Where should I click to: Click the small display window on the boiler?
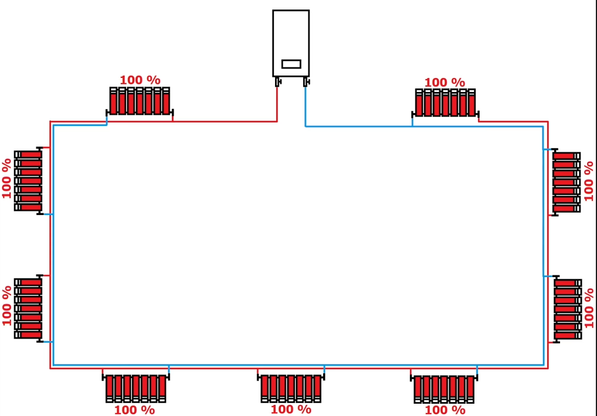click(291, 64)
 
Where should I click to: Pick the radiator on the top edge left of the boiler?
click(140, 101)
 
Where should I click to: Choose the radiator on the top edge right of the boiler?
click(446, 103)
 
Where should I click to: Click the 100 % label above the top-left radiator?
click(140, 80)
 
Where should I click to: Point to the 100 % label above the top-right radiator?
click(445, 83)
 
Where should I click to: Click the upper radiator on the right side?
click(566, 182)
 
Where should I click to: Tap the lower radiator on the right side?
click(567, 309)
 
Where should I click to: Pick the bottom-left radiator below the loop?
click(135, 388)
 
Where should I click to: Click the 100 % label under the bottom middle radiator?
click(291, 409)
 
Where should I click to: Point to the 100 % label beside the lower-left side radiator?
click(7, 306)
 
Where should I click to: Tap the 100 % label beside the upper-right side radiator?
click(589, 181)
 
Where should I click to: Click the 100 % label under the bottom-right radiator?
click(445, 410)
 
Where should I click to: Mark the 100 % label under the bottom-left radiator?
click(134, 410)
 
